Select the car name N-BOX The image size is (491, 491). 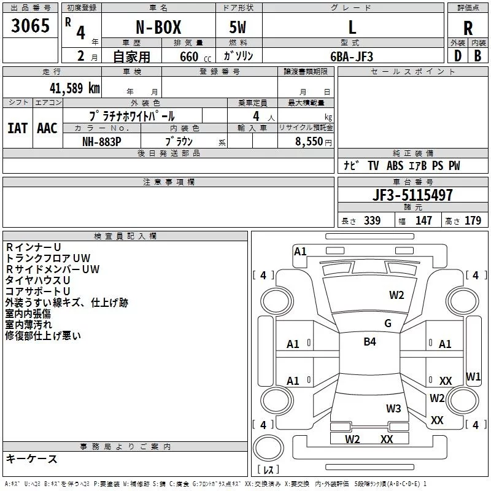tap(157, 28)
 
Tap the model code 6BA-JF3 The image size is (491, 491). tap(352, 56)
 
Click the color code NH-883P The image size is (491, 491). tap(102, 141)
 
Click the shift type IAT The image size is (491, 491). tap(17, 128)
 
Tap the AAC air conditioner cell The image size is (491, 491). tap(47, 128)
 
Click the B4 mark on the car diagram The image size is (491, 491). tap(369, 342)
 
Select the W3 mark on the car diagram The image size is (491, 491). tap(393, 409)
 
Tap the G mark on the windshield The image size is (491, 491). tap(387, 323)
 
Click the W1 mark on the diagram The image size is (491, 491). tap(473, 376)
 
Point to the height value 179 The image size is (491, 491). tap(473, 221)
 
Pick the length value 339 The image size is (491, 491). tap(372, 221)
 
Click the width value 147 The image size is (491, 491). tap(423, 221)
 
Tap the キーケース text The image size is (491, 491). tap(31, 459)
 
